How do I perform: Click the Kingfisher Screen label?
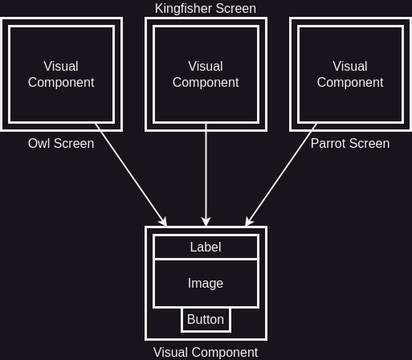coord(206,9)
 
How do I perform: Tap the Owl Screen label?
coord(61,143)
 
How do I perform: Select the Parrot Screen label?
coord(350,143)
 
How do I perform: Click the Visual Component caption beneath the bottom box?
coord(206,352)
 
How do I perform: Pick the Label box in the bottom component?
coord(206,247)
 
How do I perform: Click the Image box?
coord(206,283)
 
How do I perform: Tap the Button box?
coord(206,320)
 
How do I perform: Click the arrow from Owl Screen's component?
coord(131,175)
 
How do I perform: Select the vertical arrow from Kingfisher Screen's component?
coord(206,175)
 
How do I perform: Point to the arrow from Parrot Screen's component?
coord(281,175)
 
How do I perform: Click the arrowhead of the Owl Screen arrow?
coord(164,222)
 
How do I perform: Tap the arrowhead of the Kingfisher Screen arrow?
coord(206,222)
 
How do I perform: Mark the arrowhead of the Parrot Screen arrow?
coord(248,222)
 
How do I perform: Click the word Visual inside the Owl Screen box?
coord(61,66)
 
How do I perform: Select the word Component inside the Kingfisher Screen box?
coord(206,82)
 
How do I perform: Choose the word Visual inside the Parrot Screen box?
coord(350,66)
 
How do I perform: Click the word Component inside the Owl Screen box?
coord(61,82)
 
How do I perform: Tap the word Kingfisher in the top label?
coord(184,9)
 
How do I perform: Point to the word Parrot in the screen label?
coord(328,143)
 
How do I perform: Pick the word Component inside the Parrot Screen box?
coord(350,82)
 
